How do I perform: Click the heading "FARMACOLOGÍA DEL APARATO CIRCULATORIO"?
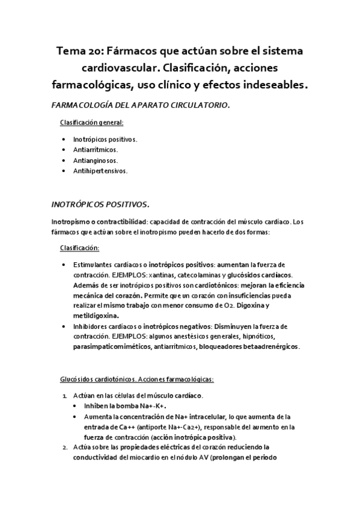pos(141,105)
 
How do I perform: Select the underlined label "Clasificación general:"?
pos(92,123)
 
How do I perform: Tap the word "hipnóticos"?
pos(263,336)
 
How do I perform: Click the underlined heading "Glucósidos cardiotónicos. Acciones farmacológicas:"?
pos(136,379)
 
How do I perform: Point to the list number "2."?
pos(66,448)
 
